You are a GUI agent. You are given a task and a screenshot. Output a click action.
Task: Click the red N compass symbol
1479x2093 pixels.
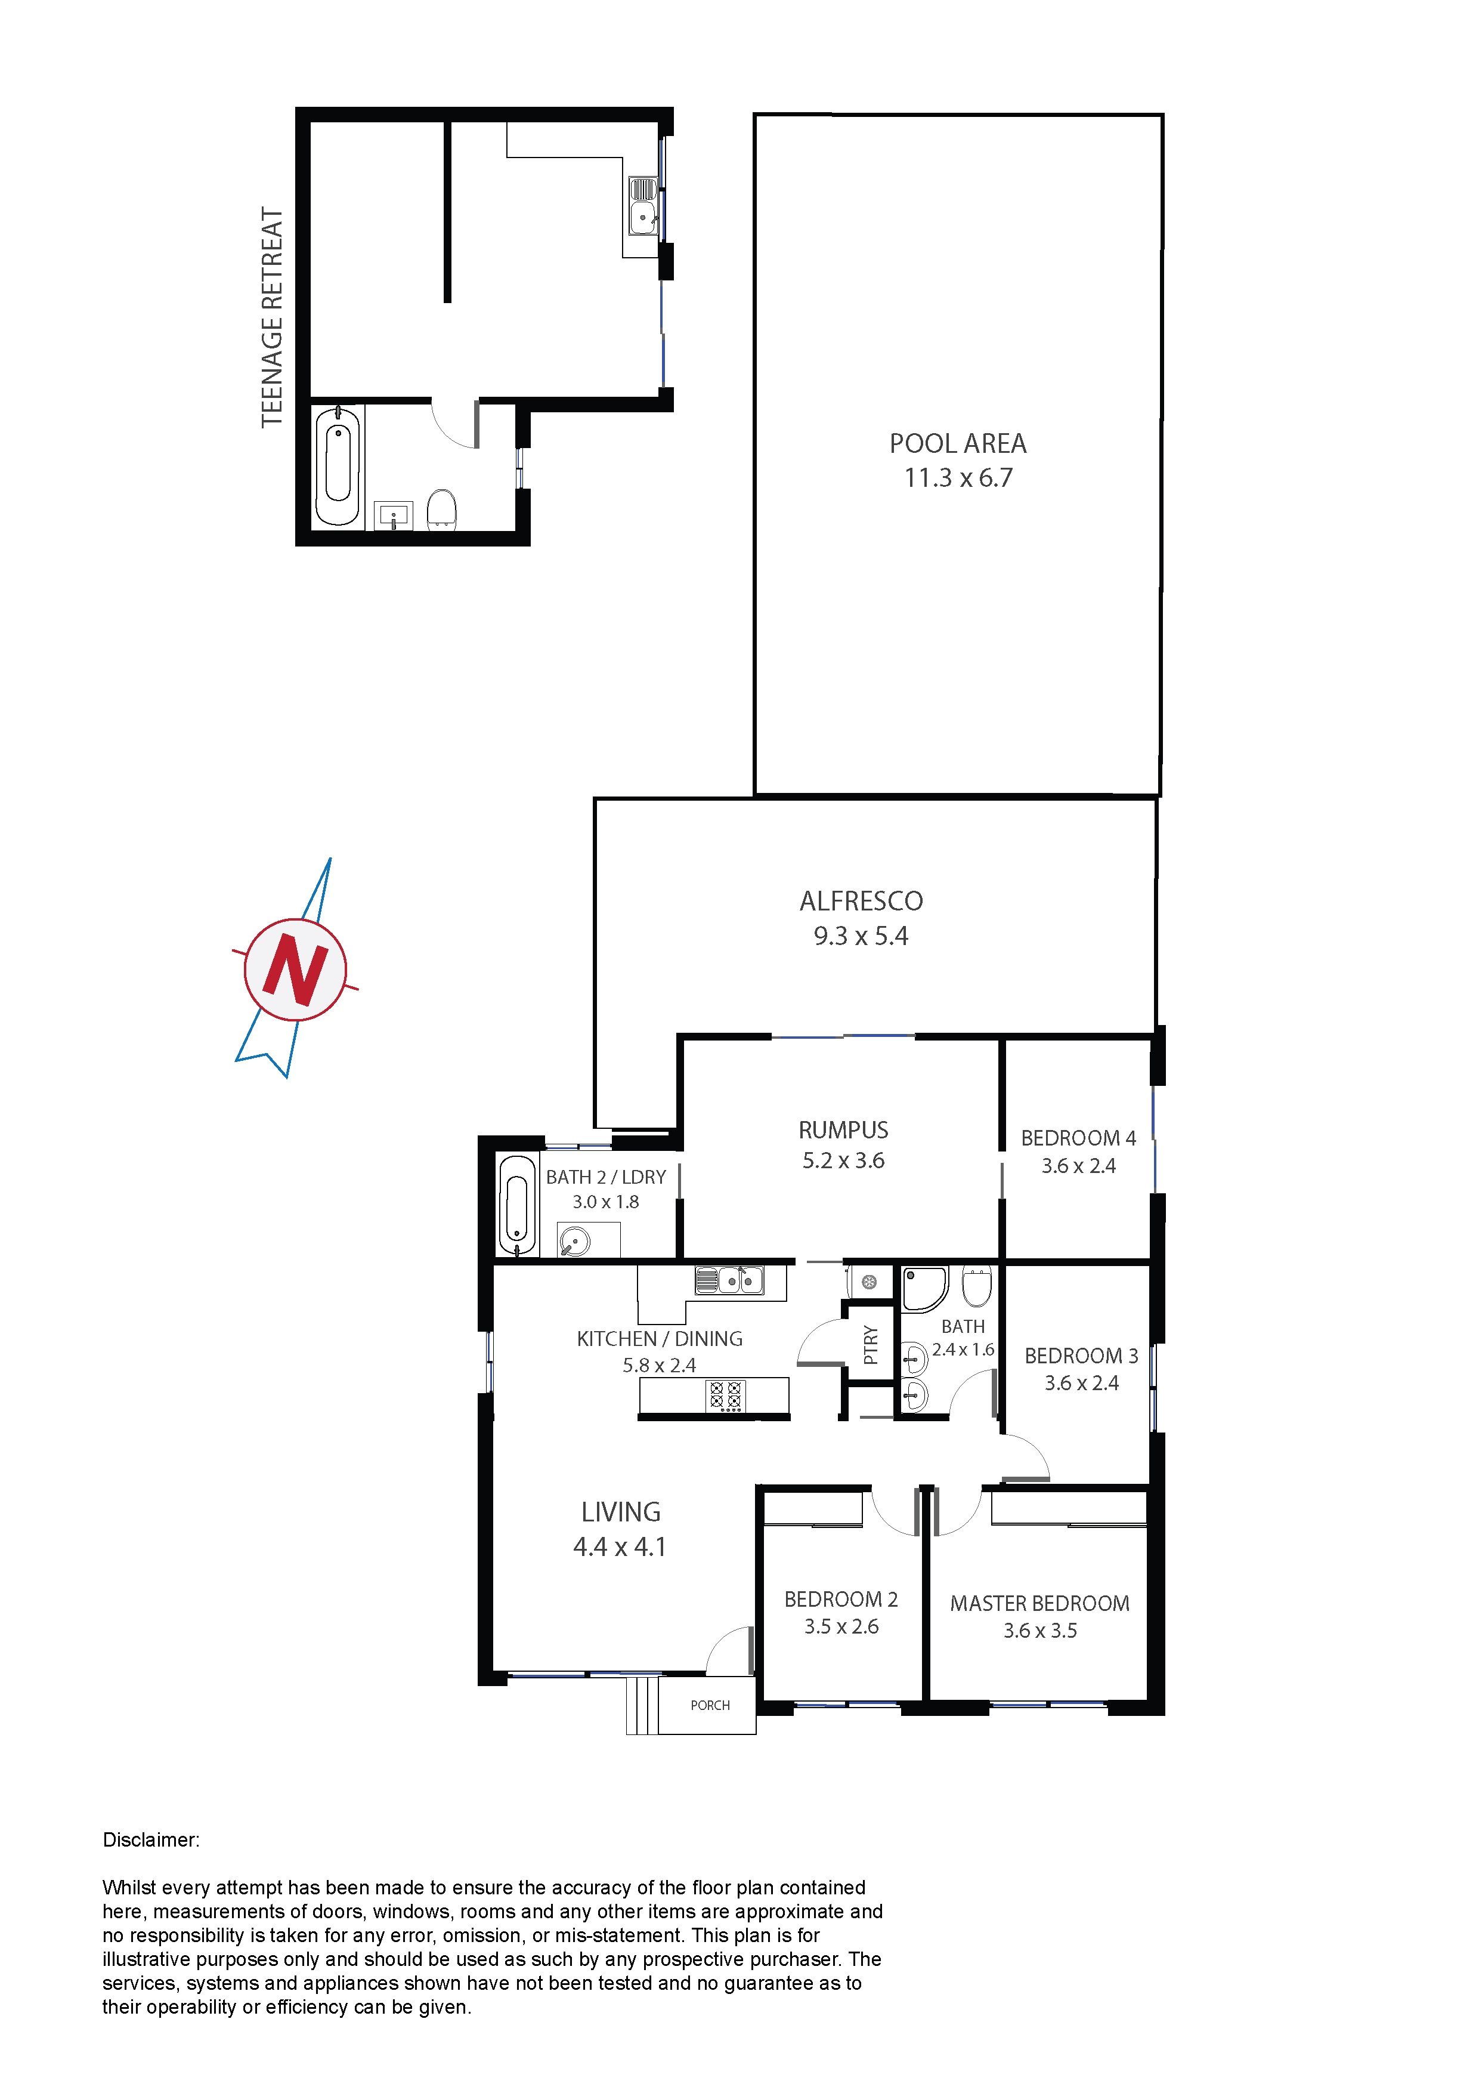pos(295,969)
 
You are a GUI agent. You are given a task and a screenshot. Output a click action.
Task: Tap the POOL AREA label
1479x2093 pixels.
pos(958,444)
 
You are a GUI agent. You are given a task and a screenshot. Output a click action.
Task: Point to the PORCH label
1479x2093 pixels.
pos(710,1706)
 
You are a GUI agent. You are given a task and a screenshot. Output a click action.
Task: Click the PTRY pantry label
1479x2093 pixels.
pos(870,1345)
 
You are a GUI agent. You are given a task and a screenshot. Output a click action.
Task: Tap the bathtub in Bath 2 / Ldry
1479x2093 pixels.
pos(516,1205)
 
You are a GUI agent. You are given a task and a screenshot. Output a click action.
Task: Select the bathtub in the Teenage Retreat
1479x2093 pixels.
pos(337,466)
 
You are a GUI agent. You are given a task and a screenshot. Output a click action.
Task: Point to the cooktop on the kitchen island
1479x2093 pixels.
pos(725,1396)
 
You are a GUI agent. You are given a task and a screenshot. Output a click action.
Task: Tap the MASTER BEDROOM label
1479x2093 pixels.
pos(1039,1604)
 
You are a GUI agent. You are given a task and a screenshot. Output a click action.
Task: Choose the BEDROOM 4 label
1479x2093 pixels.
pos(1078,1138)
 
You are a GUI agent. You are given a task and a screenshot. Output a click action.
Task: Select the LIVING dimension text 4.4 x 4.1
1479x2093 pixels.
pos(620,1547)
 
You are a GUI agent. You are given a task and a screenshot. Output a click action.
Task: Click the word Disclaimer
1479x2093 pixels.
pos(150,1839)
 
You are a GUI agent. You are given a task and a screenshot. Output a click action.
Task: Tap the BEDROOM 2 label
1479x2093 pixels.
pos(841,1599)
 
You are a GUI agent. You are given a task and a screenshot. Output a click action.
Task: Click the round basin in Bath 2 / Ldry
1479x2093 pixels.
pos(575,1240)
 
